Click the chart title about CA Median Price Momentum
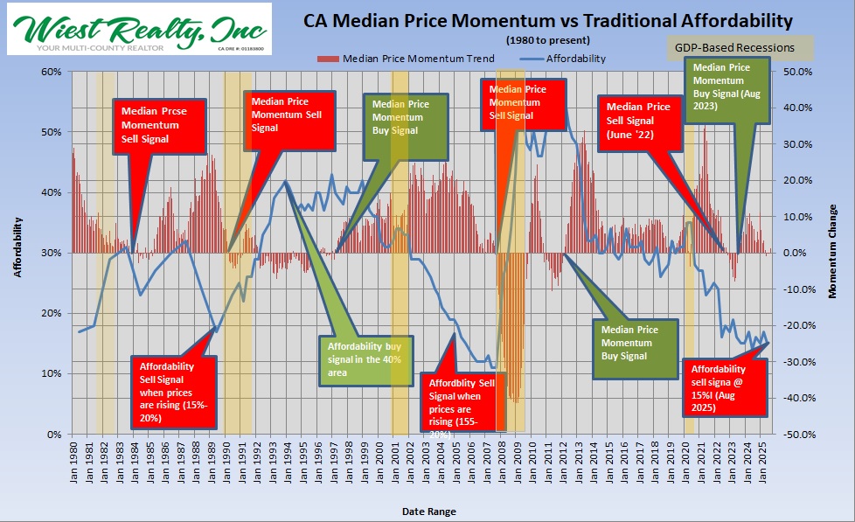point(548,20)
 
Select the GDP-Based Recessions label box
point(734,47)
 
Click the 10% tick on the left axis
point(53,374)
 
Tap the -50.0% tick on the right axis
point(798,435)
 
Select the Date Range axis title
point(428,511)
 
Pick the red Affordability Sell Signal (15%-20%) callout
point(171,393)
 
